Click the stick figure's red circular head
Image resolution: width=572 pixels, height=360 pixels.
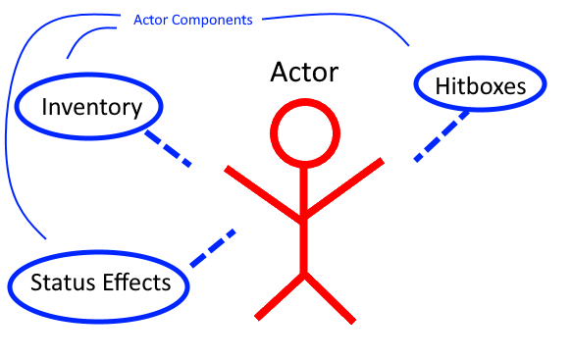[x=305, y=134]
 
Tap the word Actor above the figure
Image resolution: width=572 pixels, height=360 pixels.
[x=305, y=73]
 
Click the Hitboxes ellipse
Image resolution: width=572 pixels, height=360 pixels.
[x=481, y=86]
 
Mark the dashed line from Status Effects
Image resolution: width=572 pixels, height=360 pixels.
[x=213, y=248]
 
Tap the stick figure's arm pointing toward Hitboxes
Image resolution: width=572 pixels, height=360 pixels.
[x=344, y=187]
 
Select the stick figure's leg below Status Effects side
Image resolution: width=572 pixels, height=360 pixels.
[x=281, y=296]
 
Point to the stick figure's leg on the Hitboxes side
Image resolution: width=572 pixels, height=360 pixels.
[x=330, y=296]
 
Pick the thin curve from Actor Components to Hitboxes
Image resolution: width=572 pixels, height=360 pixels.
[x=363, y=19]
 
